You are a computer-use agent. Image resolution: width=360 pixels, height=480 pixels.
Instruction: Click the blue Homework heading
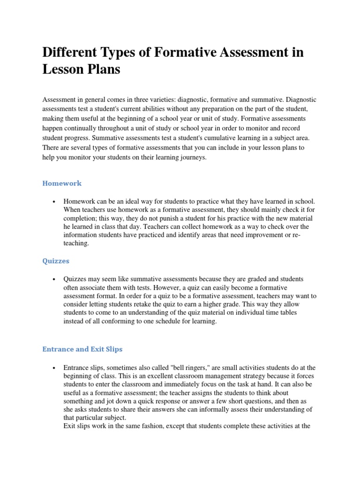click(62, 183)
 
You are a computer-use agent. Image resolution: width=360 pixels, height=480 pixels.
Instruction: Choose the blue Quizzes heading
click(56, 260)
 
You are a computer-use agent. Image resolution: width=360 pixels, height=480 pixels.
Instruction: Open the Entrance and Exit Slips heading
click(82, 349)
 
